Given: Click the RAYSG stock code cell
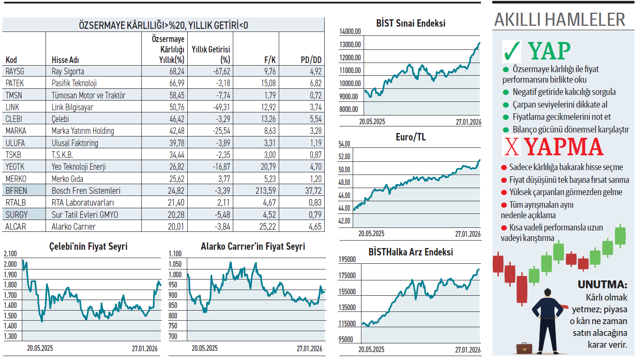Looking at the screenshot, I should coord(15,71).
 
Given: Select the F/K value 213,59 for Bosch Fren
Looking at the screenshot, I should coord(266,191).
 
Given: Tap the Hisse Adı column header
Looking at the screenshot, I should coord(65,60).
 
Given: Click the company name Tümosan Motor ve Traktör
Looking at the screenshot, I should coord(88,95).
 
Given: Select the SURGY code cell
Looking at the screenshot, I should coord(17,215).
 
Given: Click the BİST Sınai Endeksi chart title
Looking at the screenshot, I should coord(410,24).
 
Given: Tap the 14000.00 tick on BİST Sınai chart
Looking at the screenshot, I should coord(350,31).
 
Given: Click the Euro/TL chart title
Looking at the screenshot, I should coord(410,137).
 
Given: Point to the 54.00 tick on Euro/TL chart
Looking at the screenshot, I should coord(344,144).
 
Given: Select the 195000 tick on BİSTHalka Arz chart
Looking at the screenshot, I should coord(347,259).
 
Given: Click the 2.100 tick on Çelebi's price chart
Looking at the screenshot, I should coord(10,254).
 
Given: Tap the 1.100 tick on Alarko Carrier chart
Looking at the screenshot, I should coord(175,254).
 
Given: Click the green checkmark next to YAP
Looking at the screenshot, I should coord(512,52).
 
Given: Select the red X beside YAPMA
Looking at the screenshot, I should coord(511,147).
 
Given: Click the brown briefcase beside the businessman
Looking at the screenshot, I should coord(524,348).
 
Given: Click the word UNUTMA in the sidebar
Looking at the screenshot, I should coord(602,285).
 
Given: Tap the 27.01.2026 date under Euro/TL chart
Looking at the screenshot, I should coord(468,234).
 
